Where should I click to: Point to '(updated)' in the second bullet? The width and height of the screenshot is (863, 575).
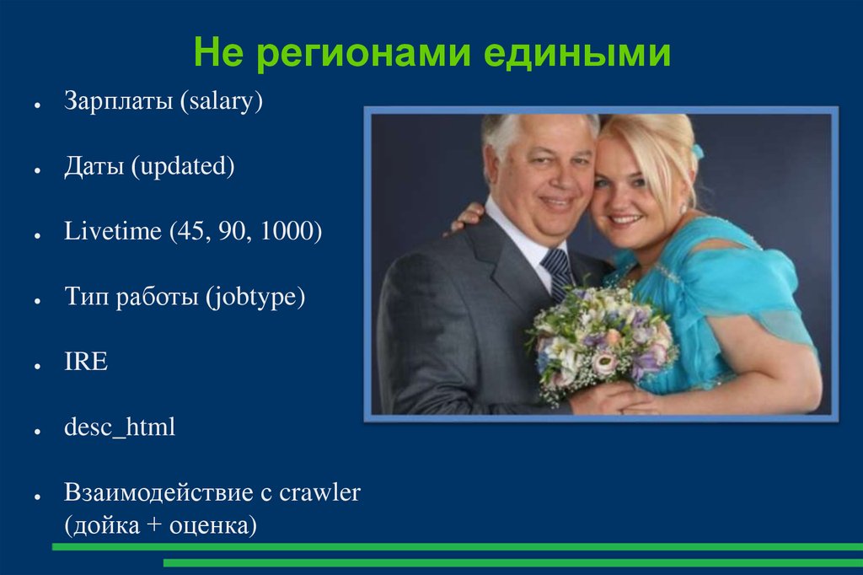[182, 167]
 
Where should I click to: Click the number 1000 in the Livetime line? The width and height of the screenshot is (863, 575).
[291, 232]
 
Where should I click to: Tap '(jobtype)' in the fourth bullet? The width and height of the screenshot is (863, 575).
[254, 298]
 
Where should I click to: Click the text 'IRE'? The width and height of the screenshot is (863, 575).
[86, 363]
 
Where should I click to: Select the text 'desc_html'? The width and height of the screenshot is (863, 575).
[120, 427]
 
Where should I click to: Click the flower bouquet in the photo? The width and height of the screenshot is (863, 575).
[600, 337]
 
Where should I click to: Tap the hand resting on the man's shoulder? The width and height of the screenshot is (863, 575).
[467, 218]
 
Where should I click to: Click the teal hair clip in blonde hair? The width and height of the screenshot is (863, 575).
[697, 151]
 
